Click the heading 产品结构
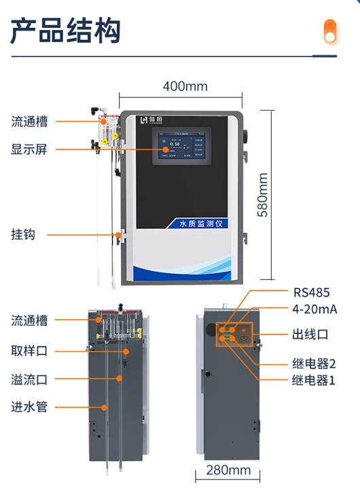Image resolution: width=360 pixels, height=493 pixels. (x=66, y=31)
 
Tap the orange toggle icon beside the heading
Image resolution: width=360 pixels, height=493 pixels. (x=330, y=31)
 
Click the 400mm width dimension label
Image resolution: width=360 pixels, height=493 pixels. (x=185, y=86)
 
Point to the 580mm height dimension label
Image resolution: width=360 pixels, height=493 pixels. (x=263, y=194)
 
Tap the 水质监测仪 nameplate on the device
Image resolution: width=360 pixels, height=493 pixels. (x=200, y=222)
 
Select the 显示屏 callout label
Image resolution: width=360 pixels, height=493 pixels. (x=29, y=149)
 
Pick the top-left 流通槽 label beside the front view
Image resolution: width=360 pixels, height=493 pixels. (x=29, y=122)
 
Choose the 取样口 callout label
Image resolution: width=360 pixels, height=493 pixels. (x=29, y=351)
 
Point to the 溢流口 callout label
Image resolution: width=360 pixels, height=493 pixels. (x=29, y=379)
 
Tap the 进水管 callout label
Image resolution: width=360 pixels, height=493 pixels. (x=29, y=407)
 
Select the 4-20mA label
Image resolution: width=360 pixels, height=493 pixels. (x=315, y=310)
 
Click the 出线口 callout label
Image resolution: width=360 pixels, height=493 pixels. (x=310, y=334)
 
